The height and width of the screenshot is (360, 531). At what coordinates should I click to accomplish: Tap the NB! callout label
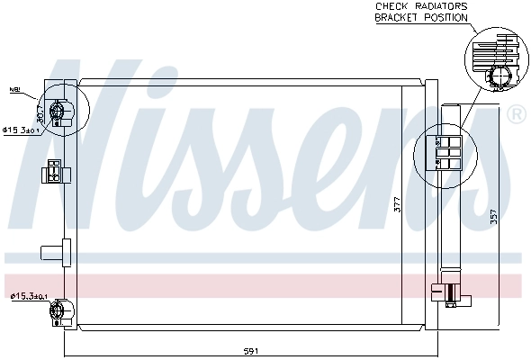pos(14,90)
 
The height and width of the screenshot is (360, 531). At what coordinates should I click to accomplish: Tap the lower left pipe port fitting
pos(59,311)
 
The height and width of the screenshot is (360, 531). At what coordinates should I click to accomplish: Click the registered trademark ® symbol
pos(517,114)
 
